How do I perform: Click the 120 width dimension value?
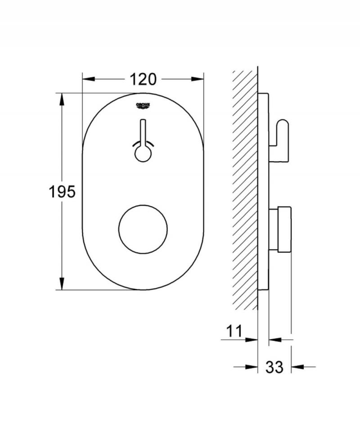tap(143, 79)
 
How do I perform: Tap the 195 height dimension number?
tap(62, 192)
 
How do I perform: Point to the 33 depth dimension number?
tap(274, 367)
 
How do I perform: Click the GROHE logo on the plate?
tap(143, 106)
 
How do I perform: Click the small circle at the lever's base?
tap(143, 154)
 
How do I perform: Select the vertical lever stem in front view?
tap(143, 133)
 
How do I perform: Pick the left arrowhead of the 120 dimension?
tap(88, 79)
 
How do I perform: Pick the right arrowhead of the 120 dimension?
tap(198, 79)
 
